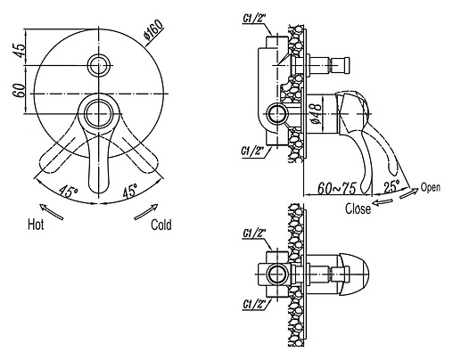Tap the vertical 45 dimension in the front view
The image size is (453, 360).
tap(19, 50)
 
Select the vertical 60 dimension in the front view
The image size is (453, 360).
tap(19, 90)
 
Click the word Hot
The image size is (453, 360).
tap(36, 225)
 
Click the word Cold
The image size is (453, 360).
tap(161, 225)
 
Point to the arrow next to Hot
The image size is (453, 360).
tap(51, 211)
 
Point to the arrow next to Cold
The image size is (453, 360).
tap(146, 211)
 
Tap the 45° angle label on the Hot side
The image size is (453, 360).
tap(68, 192)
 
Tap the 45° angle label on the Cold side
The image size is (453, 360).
tap(130, 191)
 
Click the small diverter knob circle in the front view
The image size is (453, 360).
tap(98, 65)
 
